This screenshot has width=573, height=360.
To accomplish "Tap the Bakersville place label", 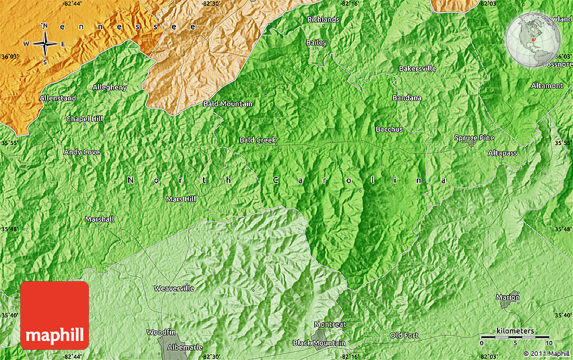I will tap(417, 69).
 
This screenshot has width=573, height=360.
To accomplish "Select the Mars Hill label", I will tap(181, 200).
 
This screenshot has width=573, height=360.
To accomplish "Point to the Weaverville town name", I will tap(174, 289).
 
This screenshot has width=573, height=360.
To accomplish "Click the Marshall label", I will tap(99, 220).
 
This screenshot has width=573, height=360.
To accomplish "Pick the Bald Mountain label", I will tap(228, 104).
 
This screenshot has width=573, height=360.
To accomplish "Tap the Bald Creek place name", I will tap(258, 140).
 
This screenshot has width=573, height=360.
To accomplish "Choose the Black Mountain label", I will tap(319, 343).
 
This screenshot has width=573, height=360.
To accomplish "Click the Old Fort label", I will tap(404, 336).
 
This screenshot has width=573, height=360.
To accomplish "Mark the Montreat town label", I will tap(330, 324).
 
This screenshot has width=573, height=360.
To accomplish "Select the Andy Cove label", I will tap(82, 152).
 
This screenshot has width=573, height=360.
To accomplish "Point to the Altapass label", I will tap(502, 153).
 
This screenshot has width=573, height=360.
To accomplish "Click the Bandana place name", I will tap(406, 98).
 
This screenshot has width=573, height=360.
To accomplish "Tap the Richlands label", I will tap(323, 20).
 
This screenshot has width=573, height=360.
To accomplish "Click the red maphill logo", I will tap(55, 316).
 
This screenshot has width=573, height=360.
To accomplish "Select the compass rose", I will tap(45, 44).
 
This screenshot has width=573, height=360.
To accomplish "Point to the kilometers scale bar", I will tap(515, 335).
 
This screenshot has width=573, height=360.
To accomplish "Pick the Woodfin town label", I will tap(160, 332).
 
